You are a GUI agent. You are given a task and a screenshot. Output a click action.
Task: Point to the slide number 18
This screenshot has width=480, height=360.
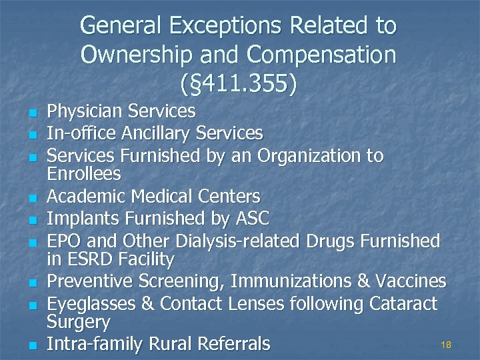[x=446, y=345]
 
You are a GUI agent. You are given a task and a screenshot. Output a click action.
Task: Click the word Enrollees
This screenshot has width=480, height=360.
[x=83, y=174]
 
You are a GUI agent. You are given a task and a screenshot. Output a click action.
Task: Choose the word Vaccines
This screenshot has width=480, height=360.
[x=411, y=282]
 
